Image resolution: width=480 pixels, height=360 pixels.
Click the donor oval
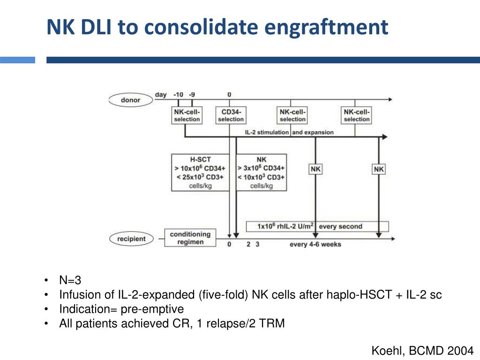coord(130,100)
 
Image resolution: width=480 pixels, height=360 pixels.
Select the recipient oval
coord(132,239)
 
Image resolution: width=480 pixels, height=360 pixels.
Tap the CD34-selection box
coord(230,115)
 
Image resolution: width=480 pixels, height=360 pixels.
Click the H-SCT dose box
coord(201,172)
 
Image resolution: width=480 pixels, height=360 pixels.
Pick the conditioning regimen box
coord(190,238)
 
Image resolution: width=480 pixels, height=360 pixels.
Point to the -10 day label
coord(178,94)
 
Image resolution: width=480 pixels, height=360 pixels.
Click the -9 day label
coord(192,94)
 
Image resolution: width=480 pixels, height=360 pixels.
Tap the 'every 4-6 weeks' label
coord(315,244)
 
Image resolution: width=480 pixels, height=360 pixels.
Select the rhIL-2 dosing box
coord(317,226)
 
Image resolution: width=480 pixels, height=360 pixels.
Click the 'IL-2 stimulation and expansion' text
coord(289,132)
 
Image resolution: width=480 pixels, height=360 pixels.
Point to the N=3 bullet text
coord(70,280)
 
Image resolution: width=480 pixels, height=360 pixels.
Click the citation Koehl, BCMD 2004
coord(422,350)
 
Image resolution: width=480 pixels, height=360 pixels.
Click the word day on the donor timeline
coord(161,94)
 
